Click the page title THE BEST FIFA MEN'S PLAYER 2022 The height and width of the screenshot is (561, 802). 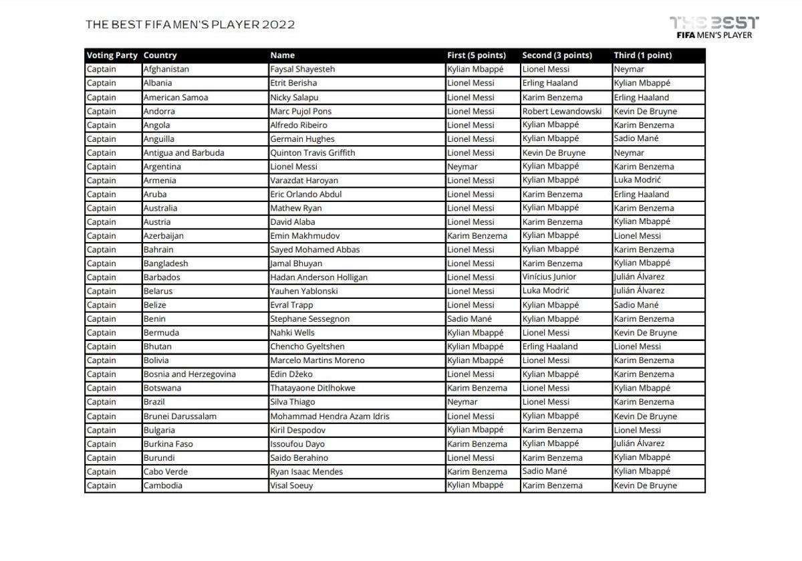click(x=190, y=25)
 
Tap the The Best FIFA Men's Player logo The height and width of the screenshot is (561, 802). click(x=714, y=27)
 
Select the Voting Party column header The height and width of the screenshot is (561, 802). click(x=112, y=55)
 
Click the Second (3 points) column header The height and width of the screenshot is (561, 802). click(x=557, y=55)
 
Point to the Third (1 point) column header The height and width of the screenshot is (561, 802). click(x=642, y=55)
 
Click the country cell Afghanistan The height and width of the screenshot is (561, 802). click(x=166, y=70)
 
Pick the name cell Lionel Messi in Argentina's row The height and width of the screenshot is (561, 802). click(x=293, y=166)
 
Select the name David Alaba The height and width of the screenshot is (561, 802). click(x=293, y=222)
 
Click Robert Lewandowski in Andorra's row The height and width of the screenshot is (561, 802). click(x=561, y=111)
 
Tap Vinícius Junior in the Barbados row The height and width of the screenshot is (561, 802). click(x=549, y=277)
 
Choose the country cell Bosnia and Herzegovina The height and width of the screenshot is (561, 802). click(x=190, y=374)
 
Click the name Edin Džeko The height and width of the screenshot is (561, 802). click(x=291, y=374)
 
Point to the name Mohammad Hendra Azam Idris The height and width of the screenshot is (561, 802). click(x=329, y=416)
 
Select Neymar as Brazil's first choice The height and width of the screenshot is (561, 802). click(x=462, y=402)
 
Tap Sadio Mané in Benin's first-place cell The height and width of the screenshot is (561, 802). click(x=469, y=319)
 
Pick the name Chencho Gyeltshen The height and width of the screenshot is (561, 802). click(x=307, y=346)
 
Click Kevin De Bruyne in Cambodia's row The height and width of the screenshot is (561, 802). click(x=645, y=485)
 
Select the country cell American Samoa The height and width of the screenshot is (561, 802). click(x=176, y=97)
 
